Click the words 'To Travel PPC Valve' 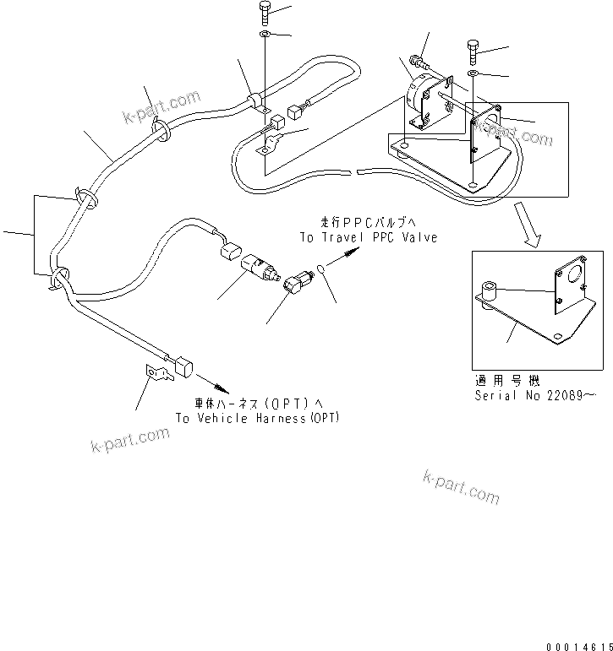[369, 237]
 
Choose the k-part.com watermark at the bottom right [460, 487]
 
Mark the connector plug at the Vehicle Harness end [183, 367]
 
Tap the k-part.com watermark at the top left [161, 106]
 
